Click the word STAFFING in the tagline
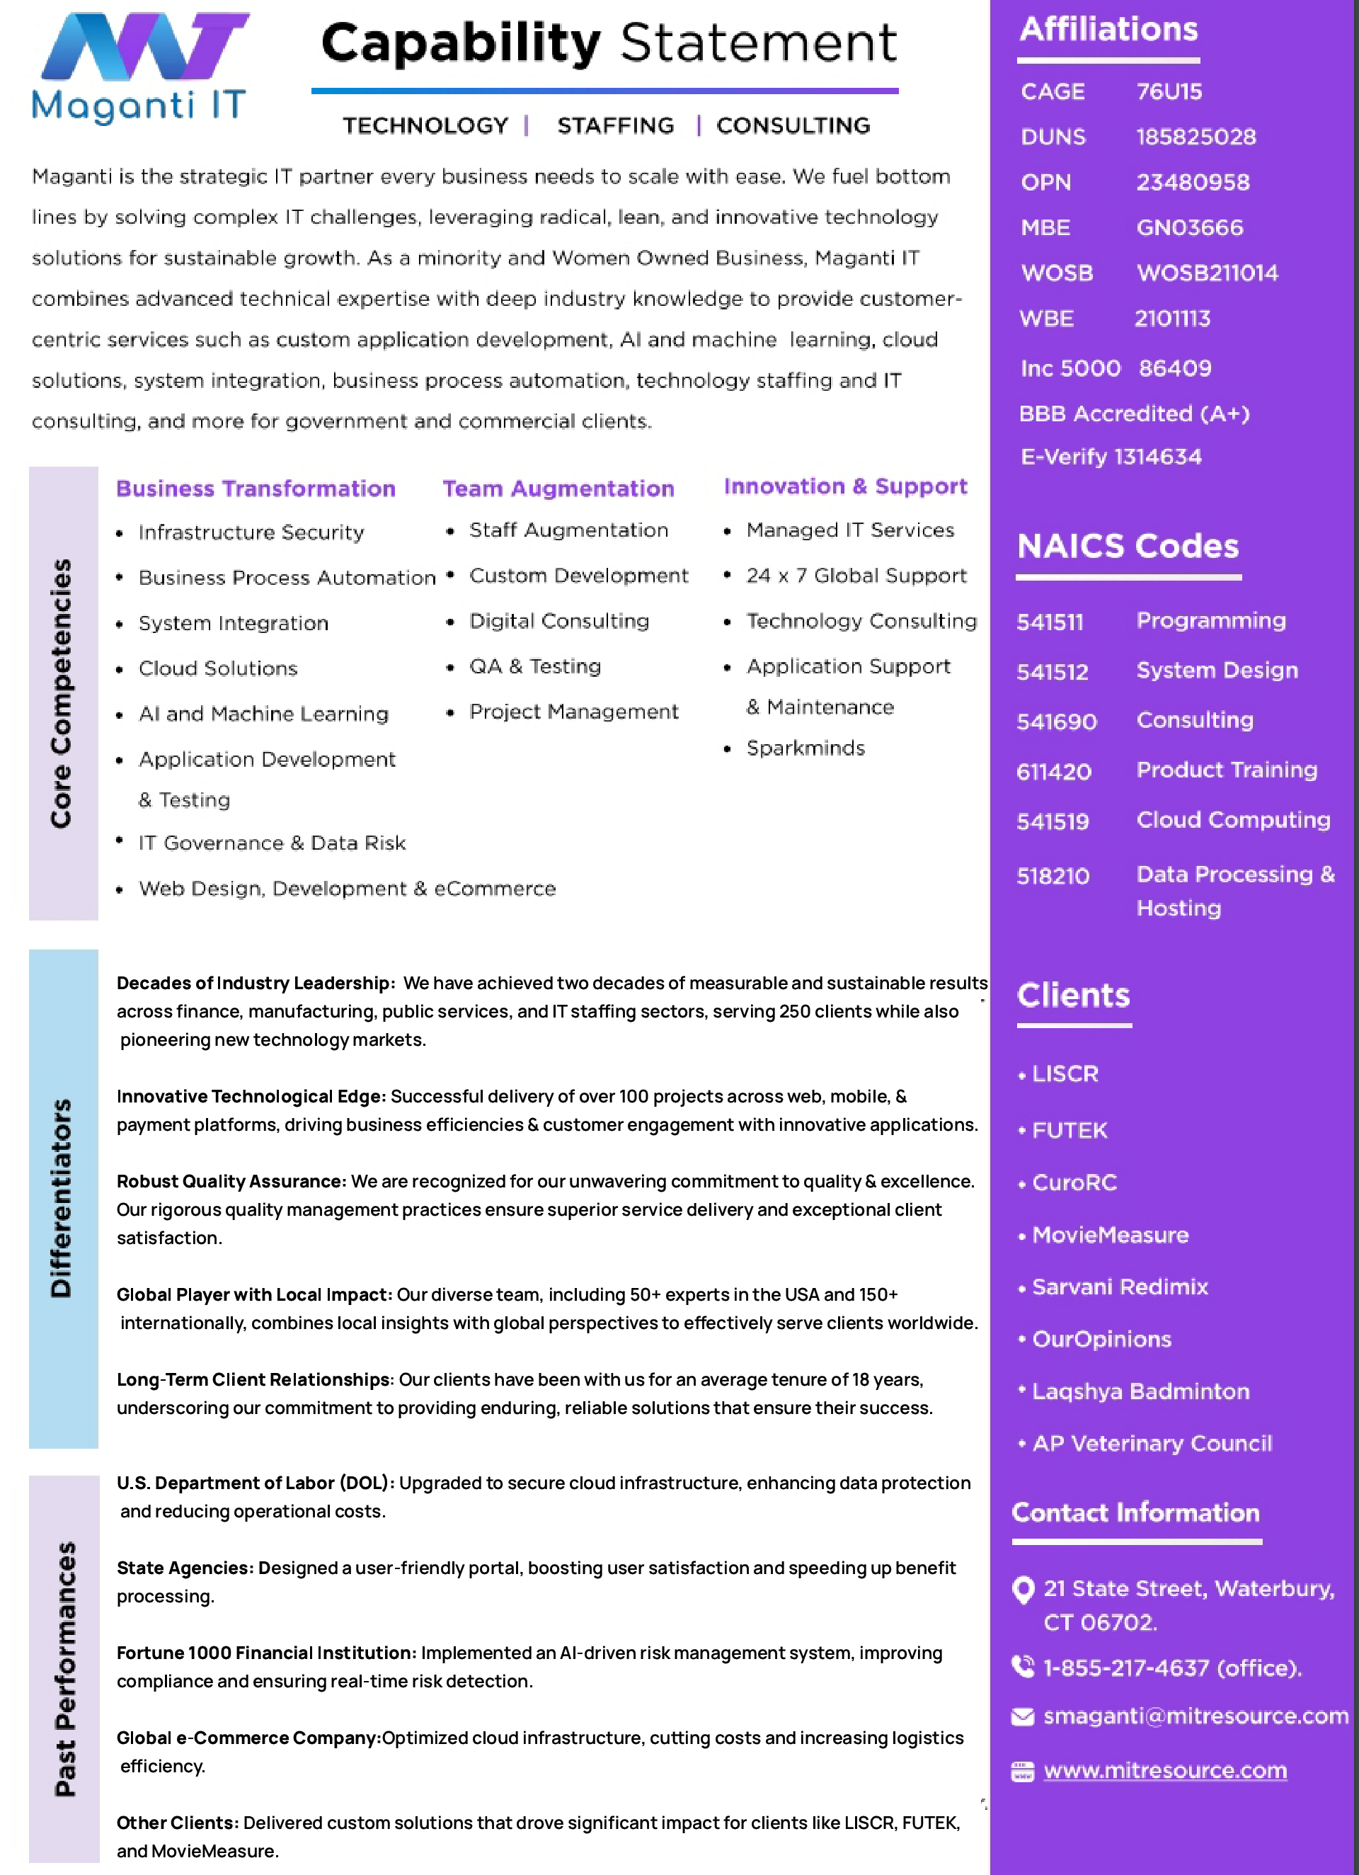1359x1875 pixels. coord(615,125)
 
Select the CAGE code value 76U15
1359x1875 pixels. coord(1169,92)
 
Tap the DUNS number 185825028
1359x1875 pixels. coord(1195,137)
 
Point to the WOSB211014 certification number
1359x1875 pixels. coord(1207,273)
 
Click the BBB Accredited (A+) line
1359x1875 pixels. coord(1133,414)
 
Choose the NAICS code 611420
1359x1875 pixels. coord(1054,771)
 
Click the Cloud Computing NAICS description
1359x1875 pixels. coord(1232,819)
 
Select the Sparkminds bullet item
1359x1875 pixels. coord(805,748)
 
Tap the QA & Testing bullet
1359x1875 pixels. coord(535,666)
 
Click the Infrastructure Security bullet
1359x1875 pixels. coord(251,532)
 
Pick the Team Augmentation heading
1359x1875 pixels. coord(558,489)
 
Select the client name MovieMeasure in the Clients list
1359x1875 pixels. coord(1109,1235)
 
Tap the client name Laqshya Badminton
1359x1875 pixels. coord(1140,1391)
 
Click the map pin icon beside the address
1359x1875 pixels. coord(1023,1589)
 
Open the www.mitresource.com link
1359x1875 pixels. coord(1165,1770)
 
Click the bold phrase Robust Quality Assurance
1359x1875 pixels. coord(231,1181)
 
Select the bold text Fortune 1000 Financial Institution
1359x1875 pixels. coord(266,1653)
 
